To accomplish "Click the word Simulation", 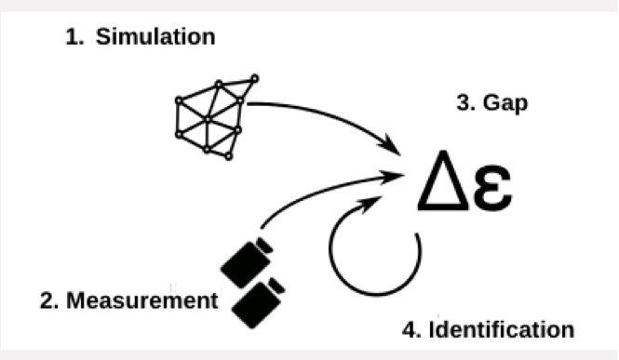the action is (x=155, y=36).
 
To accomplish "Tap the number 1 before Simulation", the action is (x=74, y=37).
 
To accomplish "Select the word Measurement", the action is (x=142, y=300).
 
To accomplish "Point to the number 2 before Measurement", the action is (x=49, y=300).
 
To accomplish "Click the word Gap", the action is (x=505, y=103).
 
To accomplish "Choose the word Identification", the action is (x=502, y=329).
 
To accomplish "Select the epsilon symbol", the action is (x=492, y=187).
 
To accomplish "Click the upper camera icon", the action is (x=247, y=262).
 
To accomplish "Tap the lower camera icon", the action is (x=259, y=303).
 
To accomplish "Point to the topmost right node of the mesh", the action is (x=255, y=78).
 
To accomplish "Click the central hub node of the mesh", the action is (x=208, y=119).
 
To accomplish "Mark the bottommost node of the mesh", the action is (x=229, y=156).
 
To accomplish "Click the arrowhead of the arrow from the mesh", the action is (x=390, y=145).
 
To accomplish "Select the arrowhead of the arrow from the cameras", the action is (x=393, y=176).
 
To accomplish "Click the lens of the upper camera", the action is (x=264, y=245).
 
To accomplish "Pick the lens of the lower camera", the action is (x=276, y=285).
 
